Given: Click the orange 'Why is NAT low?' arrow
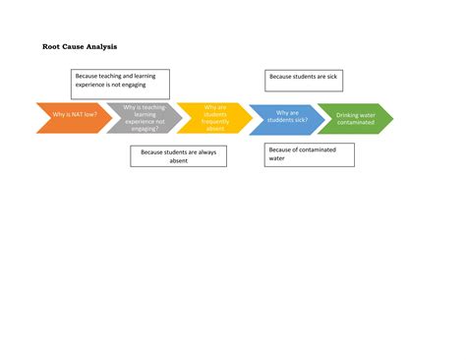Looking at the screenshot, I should (69, 118).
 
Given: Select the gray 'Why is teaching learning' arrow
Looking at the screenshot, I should (144, 118).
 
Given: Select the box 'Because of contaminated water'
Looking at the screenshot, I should (310, 153).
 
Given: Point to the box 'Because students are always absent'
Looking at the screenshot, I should (178, 155).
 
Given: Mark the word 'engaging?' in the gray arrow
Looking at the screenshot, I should (144, 129).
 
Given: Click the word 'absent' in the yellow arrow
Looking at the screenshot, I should (215, 129).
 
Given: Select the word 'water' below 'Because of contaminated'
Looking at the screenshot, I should (277, 158).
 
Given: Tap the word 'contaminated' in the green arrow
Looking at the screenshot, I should (356, 123).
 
